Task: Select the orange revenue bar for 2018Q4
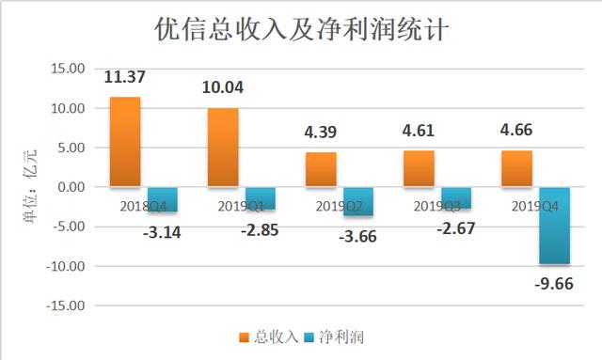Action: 125,141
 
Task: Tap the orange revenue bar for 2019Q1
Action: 223,147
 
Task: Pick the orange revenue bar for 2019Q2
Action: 321,169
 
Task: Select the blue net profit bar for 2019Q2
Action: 356,201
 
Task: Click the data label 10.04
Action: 223,88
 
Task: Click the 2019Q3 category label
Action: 436,205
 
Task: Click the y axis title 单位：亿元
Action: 26,188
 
